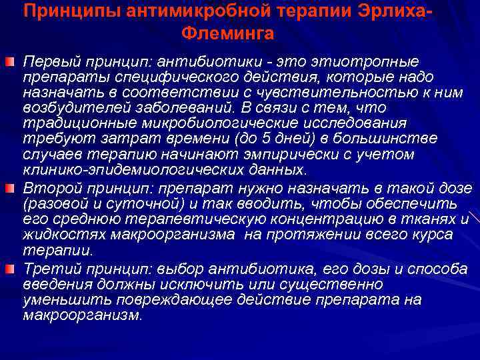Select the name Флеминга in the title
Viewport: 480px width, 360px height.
225,33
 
